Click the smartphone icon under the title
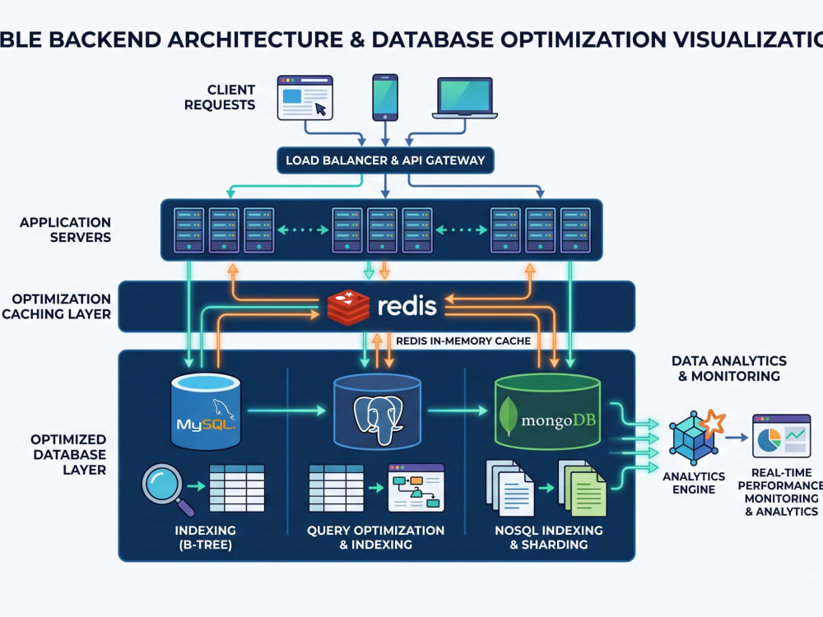pyautogui.click(x=385, y=98)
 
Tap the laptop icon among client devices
pyautogui.click(x=465, y=98)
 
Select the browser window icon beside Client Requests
pyautogui.click(x=305, y=98)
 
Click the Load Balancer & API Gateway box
pyautogui.click(x=385, y=160)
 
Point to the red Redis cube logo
pyautogui.click(x=348, y=307)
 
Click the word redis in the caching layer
pyautogui.click(x=407, y=306)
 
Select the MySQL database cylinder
pyautogui.click(x=206, y=411)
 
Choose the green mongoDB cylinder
pyautogui.click(x=548, y=412)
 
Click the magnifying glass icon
pyautogui.click(x=167, y=488)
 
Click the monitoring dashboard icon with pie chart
pyautogui.click(x=781, y=436)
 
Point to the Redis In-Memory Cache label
pyautogui.click(x=463, y=341)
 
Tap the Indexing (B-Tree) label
pyautogui.click(x=205, y=537)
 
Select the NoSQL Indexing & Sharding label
pyautogui.click(x=548, y=537)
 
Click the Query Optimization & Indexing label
pyautogui.click(x=376, y=537)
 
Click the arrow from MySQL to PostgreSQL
pyautogui.click(x=287, y=411)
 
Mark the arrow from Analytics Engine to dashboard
pyautogui.click(x=737, y=437)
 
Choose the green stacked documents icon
pyautogui.click(x=582, y=488)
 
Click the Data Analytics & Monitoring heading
pyautogui.click(x=729, y=369)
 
